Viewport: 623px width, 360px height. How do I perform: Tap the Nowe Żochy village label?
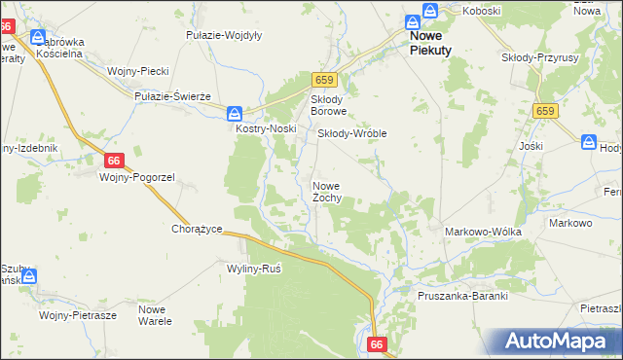326,192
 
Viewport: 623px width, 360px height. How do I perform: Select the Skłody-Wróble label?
353,133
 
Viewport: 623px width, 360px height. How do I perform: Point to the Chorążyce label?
198,230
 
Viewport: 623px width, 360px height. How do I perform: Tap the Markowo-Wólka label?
483,232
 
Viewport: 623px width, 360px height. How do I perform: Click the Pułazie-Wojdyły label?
224,35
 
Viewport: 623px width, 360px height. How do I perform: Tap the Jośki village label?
531,146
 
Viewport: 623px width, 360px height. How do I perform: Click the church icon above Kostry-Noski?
235,112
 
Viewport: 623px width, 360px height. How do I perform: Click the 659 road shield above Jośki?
544,113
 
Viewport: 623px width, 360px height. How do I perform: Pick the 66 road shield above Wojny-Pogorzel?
115,160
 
